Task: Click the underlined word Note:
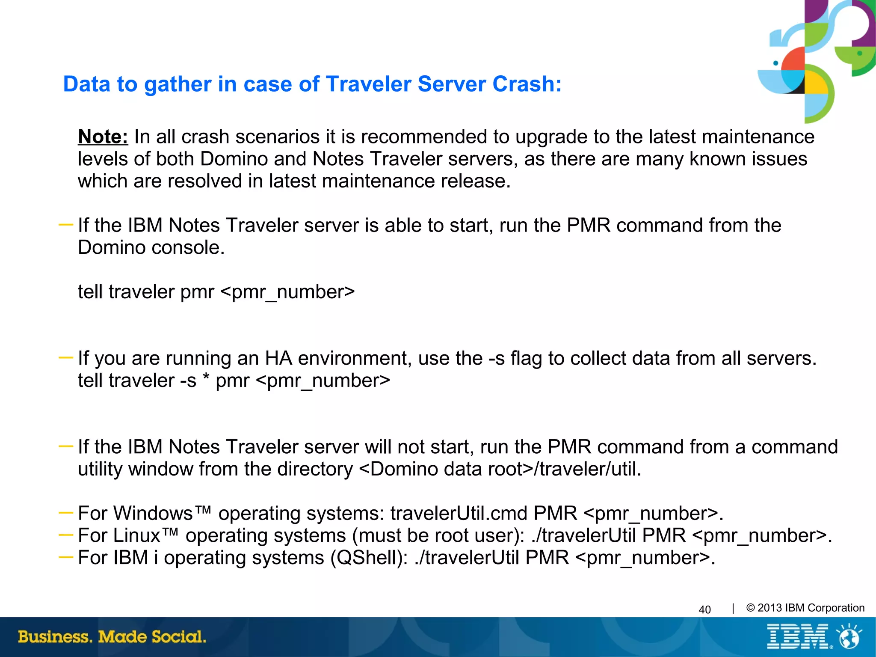[x=103, y=137]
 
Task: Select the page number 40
[x=704, y=609]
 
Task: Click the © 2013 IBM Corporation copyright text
[x=805, y=608]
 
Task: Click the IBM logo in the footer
[x=798, y=636]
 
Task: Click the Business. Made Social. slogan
[x=112, y=636]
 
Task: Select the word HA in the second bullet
[x=278, y=358]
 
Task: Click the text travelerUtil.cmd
[x=459, y=513]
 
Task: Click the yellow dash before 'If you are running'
[x=65, y=357]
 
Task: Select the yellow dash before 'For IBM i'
[x=65, y=557]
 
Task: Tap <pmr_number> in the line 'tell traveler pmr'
[x=287, y=292]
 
